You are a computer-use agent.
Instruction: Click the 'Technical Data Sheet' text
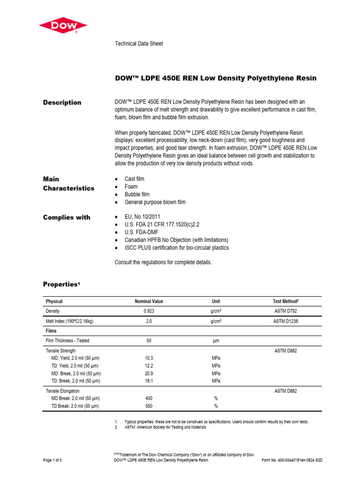(139, 44)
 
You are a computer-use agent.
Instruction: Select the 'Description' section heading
(62, 103)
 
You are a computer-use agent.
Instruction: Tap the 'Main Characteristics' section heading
(68, 184)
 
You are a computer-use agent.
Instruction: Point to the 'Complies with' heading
(67, 217)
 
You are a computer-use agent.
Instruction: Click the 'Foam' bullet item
(131, 187)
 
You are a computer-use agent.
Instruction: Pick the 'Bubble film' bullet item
(137, 194)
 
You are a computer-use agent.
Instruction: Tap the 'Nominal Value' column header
(149, 301)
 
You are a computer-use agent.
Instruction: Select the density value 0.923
(149, 311)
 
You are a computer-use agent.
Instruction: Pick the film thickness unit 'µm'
(216, 341)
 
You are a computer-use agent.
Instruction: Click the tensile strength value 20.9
(149, 374)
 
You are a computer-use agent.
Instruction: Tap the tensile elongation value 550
(149, 406)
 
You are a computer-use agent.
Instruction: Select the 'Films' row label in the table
(51, 330)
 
